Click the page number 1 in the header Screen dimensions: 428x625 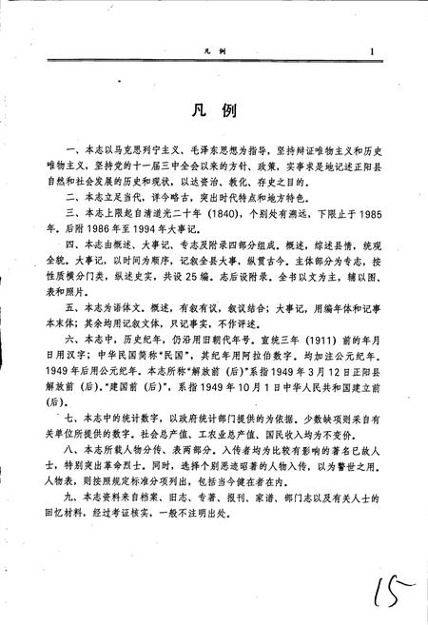[375, 53]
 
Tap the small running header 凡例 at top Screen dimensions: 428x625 [213, 56]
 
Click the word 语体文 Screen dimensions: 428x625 [109, 310]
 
